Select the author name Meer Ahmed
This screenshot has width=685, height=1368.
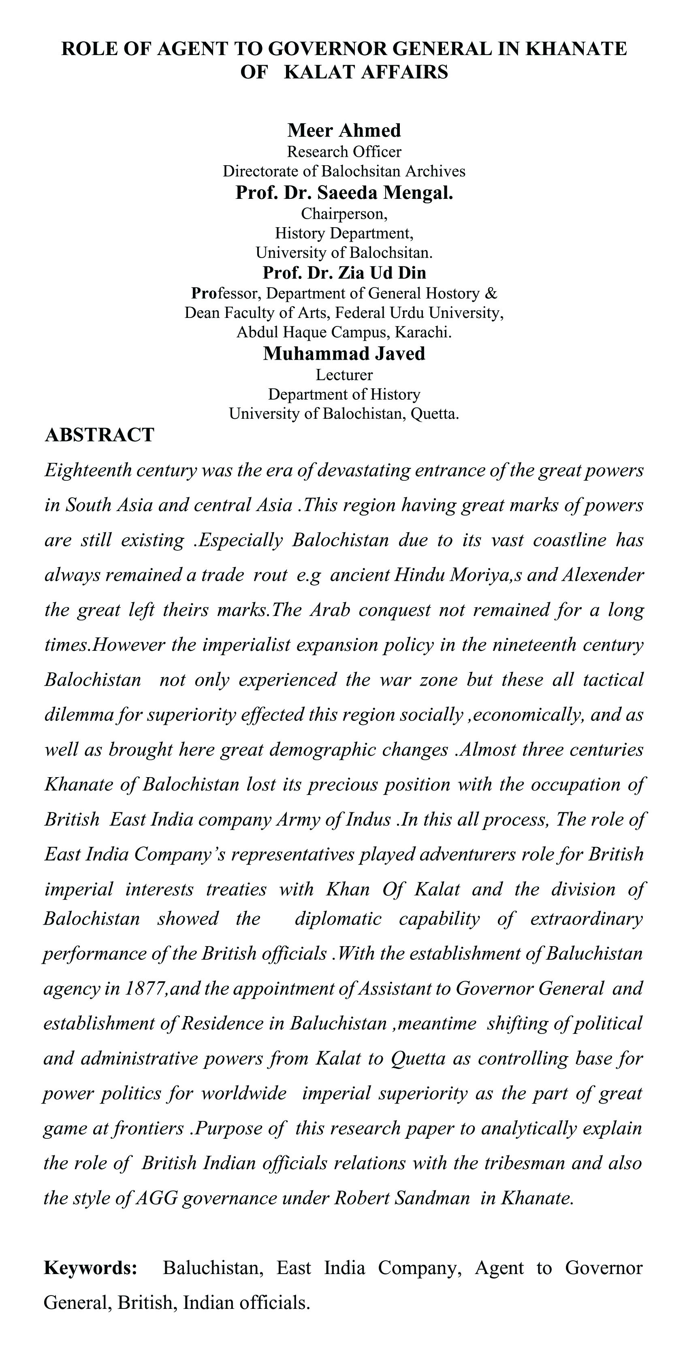coord(344,130)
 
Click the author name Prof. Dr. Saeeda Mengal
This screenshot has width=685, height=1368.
coord(344,192)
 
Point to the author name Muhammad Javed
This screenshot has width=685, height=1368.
coord(344,354)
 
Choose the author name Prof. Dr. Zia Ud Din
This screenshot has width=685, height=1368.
coord(344,273)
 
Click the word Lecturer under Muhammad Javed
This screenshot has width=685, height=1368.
coord(344,375)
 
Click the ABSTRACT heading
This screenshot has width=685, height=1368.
coord(100,435)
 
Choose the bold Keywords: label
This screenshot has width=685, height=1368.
coord(90,1268)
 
